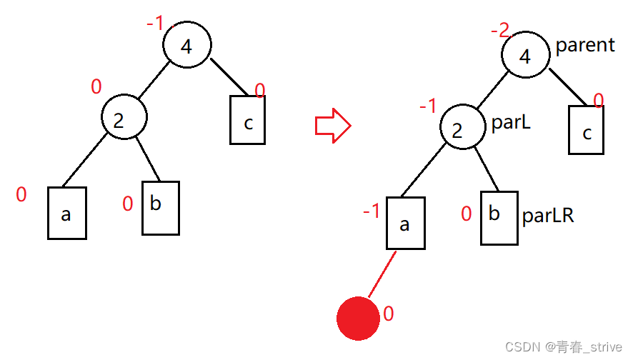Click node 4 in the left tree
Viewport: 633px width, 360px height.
pos(186,46)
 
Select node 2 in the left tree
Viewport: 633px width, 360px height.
pos(124,119)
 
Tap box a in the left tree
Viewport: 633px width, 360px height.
pos(67,213)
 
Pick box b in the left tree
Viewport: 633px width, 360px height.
pos(160,208)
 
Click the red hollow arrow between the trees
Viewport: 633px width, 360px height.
pos(333,126)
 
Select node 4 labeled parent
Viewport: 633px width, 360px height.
pos(525,56)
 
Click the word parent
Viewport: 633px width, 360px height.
pos(585,45)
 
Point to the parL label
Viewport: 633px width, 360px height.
pos(512,123)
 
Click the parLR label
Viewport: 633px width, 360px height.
pos(548,215)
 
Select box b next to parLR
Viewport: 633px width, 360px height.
pos(498,218)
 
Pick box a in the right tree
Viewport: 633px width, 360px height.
pos(405,224)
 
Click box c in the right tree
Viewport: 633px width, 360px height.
pos(587,130)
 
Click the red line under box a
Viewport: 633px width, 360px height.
pos(381,274)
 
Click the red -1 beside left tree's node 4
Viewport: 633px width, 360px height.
pos(154,24)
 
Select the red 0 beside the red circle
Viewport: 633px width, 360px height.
pos(389,314)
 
